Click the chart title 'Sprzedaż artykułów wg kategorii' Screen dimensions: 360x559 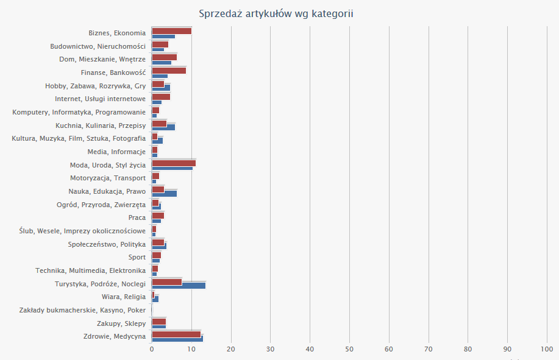coord(276,13)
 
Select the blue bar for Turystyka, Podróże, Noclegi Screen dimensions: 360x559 coord(178,285)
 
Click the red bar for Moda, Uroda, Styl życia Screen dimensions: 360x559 coord(173,163)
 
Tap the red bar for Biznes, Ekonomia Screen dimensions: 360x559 coord(171,31)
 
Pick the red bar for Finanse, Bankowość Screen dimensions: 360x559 coord(168,71)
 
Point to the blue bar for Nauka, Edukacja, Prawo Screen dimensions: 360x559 coord(164,194)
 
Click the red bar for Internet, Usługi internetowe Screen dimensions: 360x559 coord(160,97)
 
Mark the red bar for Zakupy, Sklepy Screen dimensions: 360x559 coord(158,321)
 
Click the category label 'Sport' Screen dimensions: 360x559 coord(137,257)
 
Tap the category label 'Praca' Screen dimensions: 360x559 coord(137,217)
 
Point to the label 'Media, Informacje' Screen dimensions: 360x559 coord(116,152)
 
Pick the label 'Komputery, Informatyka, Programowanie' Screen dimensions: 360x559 coord(79,112)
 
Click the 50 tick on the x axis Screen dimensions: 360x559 coord(349,349)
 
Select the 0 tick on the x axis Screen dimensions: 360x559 coord(152,349)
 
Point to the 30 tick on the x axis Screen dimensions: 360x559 coord(270,349)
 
